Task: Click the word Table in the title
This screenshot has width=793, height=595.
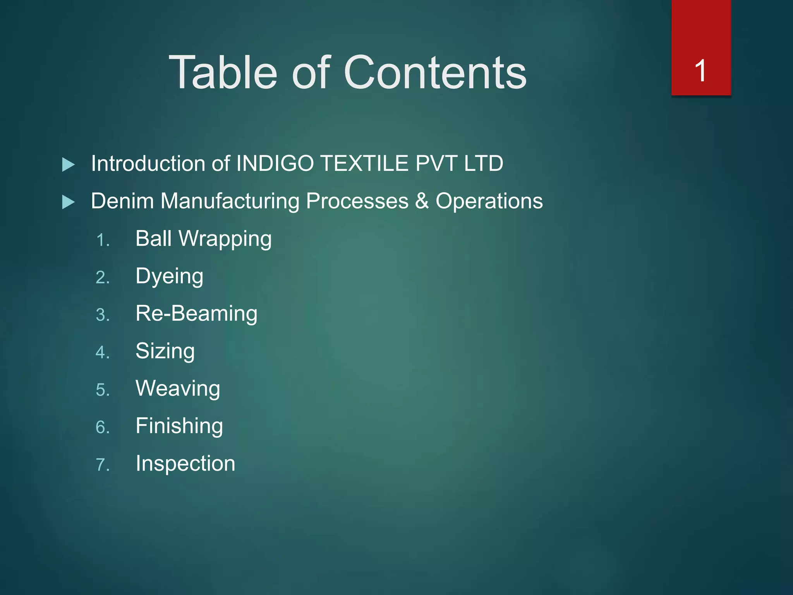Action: [223, 72]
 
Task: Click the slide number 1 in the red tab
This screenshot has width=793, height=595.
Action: [700, 71]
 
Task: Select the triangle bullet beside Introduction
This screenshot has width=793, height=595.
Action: [69, 165]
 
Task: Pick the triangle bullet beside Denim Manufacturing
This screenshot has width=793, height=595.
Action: [69, 202]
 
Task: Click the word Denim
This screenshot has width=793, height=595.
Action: [122, 201]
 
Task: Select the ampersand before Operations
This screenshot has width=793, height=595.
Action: [422, 201]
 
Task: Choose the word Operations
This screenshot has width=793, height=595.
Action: [489, 201]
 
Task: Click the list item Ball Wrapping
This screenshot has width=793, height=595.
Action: [203, 239]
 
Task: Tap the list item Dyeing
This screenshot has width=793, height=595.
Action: [169, 276]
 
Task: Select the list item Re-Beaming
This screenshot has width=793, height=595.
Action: [196, 313]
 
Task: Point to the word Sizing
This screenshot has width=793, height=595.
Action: [165, 351]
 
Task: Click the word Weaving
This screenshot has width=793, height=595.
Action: [178, 389]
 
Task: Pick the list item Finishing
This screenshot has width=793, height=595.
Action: [179, 426]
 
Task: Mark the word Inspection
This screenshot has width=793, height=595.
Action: [185, 463]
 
